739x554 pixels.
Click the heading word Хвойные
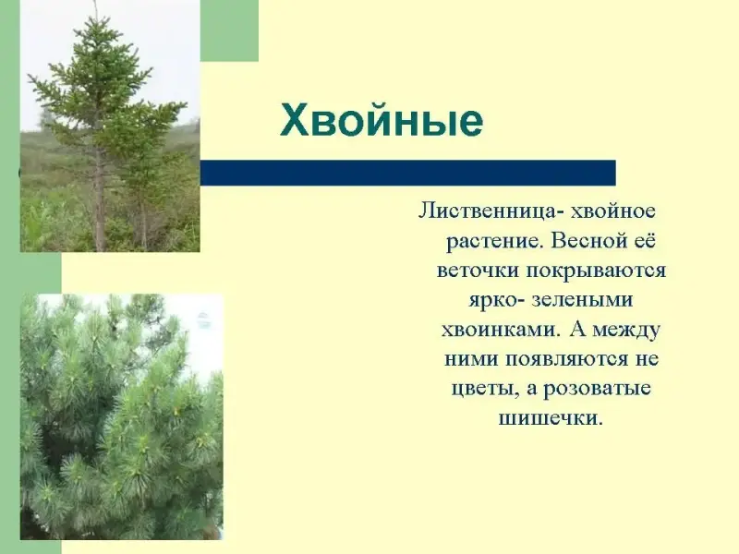[382, 120]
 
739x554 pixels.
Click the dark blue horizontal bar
[408, 173]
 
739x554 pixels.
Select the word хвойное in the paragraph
[613, 211]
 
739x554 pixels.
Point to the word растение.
[494, 242]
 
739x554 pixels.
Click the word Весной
[585, 240]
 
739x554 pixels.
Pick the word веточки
[478, 271]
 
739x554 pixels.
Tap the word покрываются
[596, 271]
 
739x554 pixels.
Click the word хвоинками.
[502, 330]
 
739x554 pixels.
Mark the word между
[626, 331]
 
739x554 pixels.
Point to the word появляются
[567, 359]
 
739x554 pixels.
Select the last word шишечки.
[551, 418]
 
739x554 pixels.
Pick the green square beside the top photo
[229, 30]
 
